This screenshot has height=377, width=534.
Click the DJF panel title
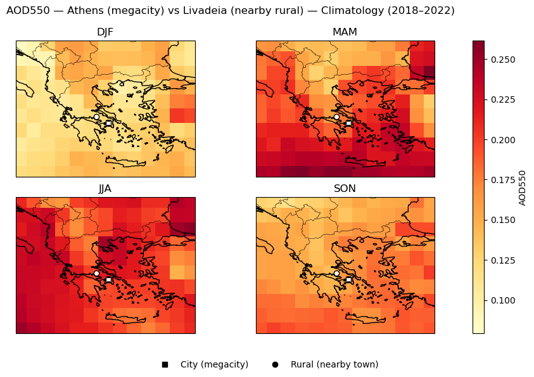105,32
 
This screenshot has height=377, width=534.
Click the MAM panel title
345,32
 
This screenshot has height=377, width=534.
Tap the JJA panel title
105,189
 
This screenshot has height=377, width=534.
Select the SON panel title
345,189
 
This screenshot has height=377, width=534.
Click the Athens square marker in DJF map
108,123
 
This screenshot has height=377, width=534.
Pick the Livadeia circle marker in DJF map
96,117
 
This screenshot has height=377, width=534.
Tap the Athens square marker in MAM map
348,123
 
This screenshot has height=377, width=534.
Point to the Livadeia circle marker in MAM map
336,117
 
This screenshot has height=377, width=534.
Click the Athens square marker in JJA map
108,279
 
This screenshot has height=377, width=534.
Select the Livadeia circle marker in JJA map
96,273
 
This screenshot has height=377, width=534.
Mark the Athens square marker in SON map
348,279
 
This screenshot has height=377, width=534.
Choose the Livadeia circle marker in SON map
336,273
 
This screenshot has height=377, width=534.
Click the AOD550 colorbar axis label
523,188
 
